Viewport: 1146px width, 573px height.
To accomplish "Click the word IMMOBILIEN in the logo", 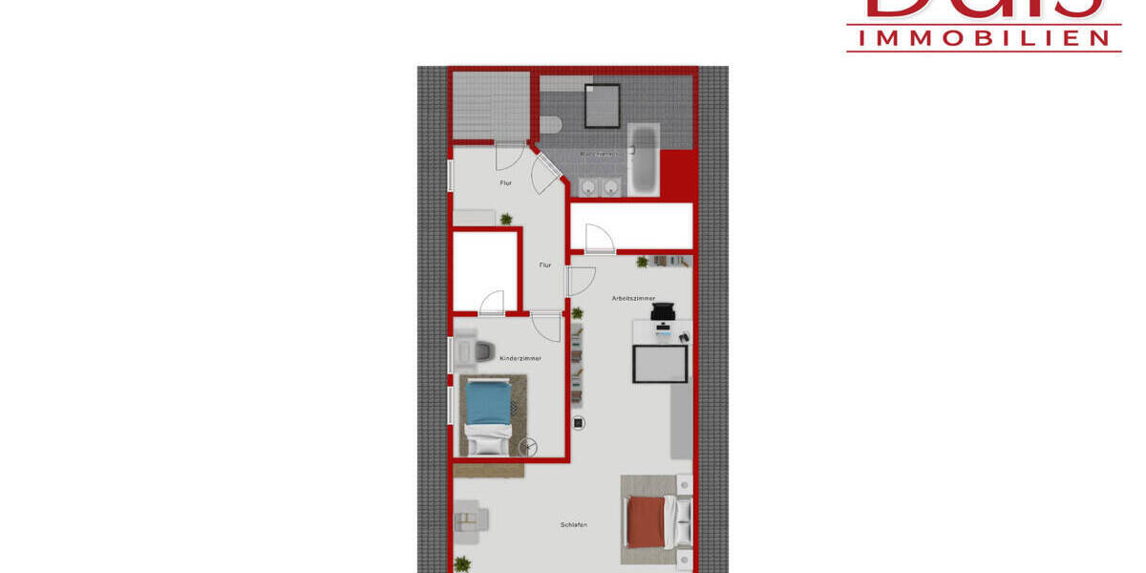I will pyautogui.click(x=984, y=37).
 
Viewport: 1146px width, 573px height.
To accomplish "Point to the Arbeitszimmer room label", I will pyautogui.click(x=633, y=299).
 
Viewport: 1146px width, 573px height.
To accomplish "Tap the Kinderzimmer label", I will pyautogui.click(x=520, y=358).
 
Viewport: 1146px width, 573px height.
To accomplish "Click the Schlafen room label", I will pyautogui.click(x=573, y=525).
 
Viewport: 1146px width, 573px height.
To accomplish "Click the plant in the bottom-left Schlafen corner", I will pyautogui.click(x=462, y=562).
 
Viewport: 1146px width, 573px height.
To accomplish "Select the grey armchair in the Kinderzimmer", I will pyautogui.click(x=468, y=346).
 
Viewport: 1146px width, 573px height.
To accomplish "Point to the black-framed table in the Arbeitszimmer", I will pyautogui.click(x=660, y=363).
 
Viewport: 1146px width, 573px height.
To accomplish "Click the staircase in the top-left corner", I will pyautogui.click(x=491, y=105).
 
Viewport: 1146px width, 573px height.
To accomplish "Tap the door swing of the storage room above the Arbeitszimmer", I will pyautogui.click(x=599, y=239).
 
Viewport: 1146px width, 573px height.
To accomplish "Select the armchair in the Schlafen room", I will pyautogui.click(x=471, y=520).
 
